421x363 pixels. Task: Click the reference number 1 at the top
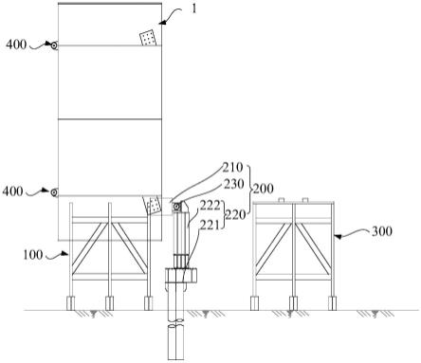[x=194, y=9]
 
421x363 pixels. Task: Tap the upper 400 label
[x=16, y=45]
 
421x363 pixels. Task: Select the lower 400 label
[x=12, y=191]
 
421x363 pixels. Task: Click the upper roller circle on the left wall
[x=54, y=45]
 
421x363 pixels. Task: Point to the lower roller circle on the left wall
[x=54, y=192]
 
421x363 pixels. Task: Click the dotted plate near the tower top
[x=148, y=38]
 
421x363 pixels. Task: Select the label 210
[x=232, y=167]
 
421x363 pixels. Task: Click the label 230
[x=234, y=184]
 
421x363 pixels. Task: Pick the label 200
[x=263, y=189]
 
